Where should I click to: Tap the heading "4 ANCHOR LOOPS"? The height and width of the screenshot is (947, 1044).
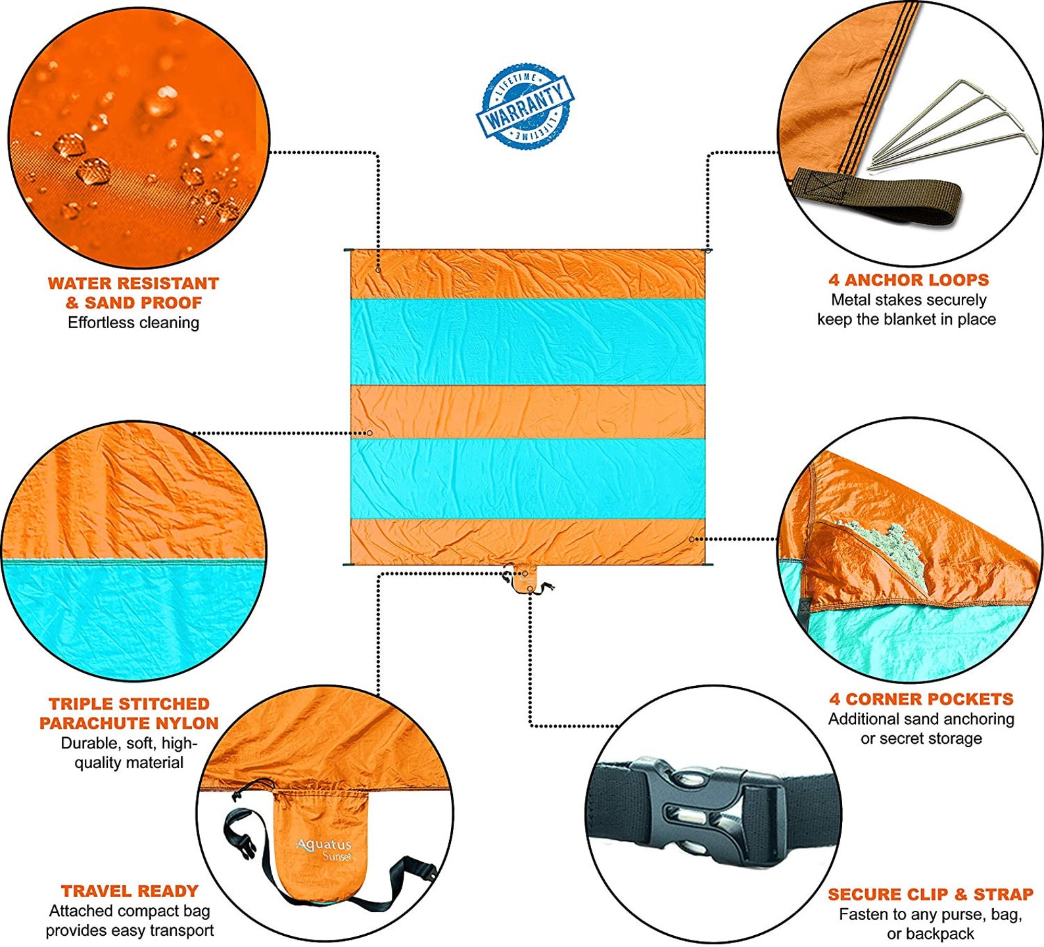(909, 280)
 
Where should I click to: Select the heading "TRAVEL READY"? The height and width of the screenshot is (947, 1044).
(130, 891)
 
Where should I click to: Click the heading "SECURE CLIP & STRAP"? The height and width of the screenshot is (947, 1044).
(930, 894)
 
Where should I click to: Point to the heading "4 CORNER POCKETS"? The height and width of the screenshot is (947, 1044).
(921, 699)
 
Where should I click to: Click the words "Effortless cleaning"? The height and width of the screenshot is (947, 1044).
(133, 323)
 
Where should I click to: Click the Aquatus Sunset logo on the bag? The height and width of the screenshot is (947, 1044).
(325, 848)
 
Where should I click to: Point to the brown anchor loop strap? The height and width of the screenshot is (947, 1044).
(874, 196)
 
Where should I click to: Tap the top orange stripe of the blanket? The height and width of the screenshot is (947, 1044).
(528, 274)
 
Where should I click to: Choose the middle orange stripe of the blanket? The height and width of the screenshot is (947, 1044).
(528, 412)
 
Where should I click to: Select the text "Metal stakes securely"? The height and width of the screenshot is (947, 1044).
(909, 300)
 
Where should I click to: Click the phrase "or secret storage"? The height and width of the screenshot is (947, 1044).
(921, 739)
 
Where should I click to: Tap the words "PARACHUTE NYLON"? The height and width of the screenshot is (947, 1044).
(129, 723)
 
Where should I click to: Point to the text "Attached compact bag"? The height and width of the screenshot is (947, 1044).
(130, 911)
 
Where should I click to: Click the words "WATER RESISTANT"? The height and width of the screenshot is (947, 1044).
(133, 283)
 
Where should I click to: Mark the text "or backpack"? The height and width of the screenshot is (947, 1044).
(930, 934)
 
